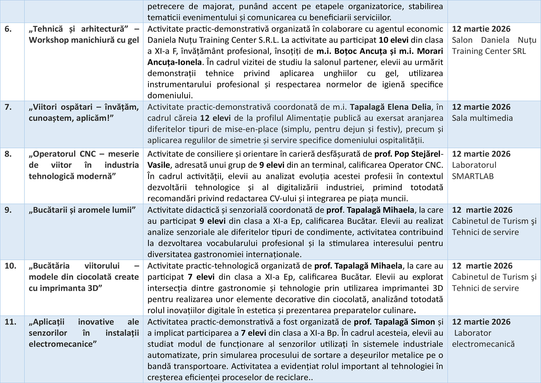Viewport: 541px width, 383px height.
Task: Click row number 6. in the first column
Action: [x=8, y=29]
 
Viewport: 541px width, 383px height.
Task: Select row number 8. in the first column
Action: [x=8, y=154]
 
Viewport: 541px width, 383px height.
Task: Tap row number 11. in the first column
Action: [x=10, y=322]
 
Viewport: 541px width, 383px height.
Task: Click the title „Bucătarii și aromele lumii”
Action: [x=82, y=210]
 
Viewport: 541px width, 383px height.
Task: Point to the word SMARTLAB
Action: [x=473, y=176]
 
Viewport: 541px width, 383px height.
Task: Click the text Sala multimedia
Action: [x=482, y=118]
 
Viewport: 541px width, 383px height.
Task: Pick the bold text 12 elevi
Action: [x=215, y=118]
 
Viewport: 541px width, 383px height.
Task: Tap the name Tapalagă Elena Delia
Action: [x=390, y=107]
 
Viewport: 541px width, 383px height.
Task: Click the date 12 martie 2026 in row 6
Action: [x=481, y=29]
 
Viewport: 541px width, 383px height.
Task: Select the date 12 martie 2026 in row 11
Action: [x=481, y=322]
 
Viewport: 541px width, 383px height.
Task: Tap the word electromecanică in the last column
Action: [x=483, y=344]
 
